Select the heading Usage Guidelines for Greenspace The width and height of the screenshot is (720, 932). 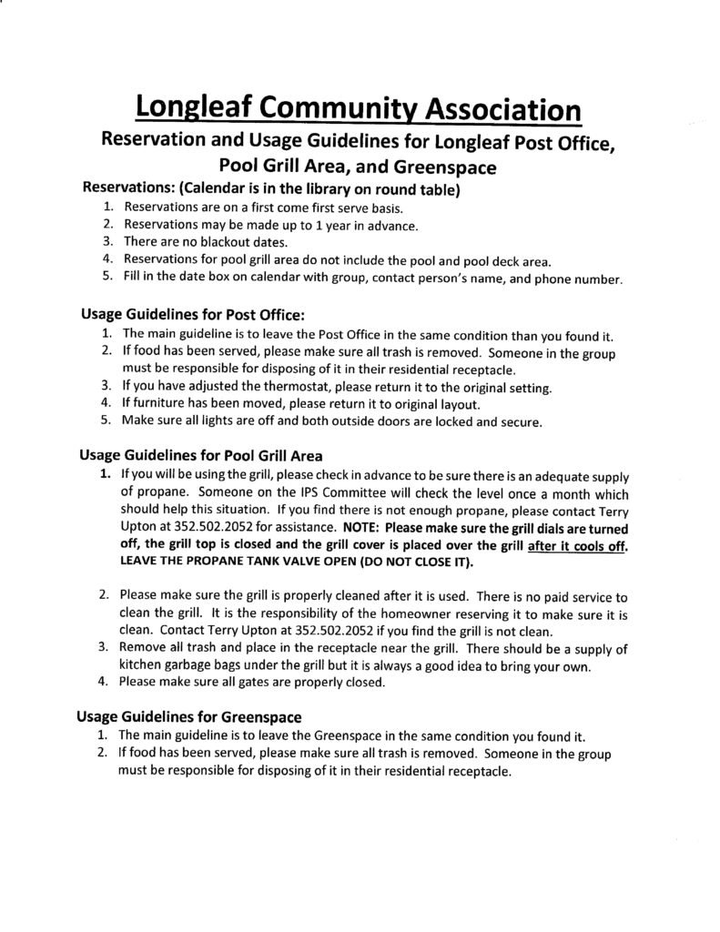pyautogui.click(x=189, y=717)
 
